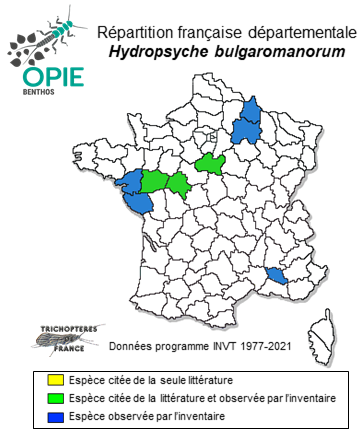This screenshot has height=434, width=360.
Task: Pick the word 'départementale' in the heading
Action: tap(297, 27)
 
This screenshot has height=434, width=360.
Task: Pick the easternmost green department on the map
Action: tap(211, 163)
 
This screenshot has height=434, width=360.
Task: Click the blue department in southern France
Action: tap(276, 274)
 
